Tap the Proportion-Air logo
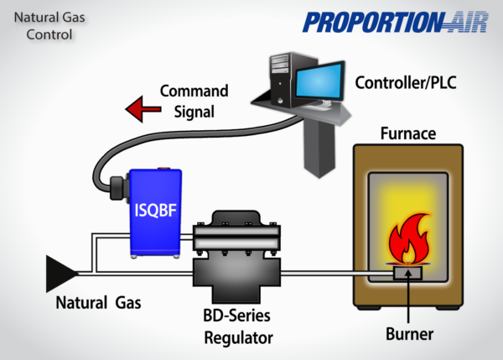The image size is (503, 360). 395,22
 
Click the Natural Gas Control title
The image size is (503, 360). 43,26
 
